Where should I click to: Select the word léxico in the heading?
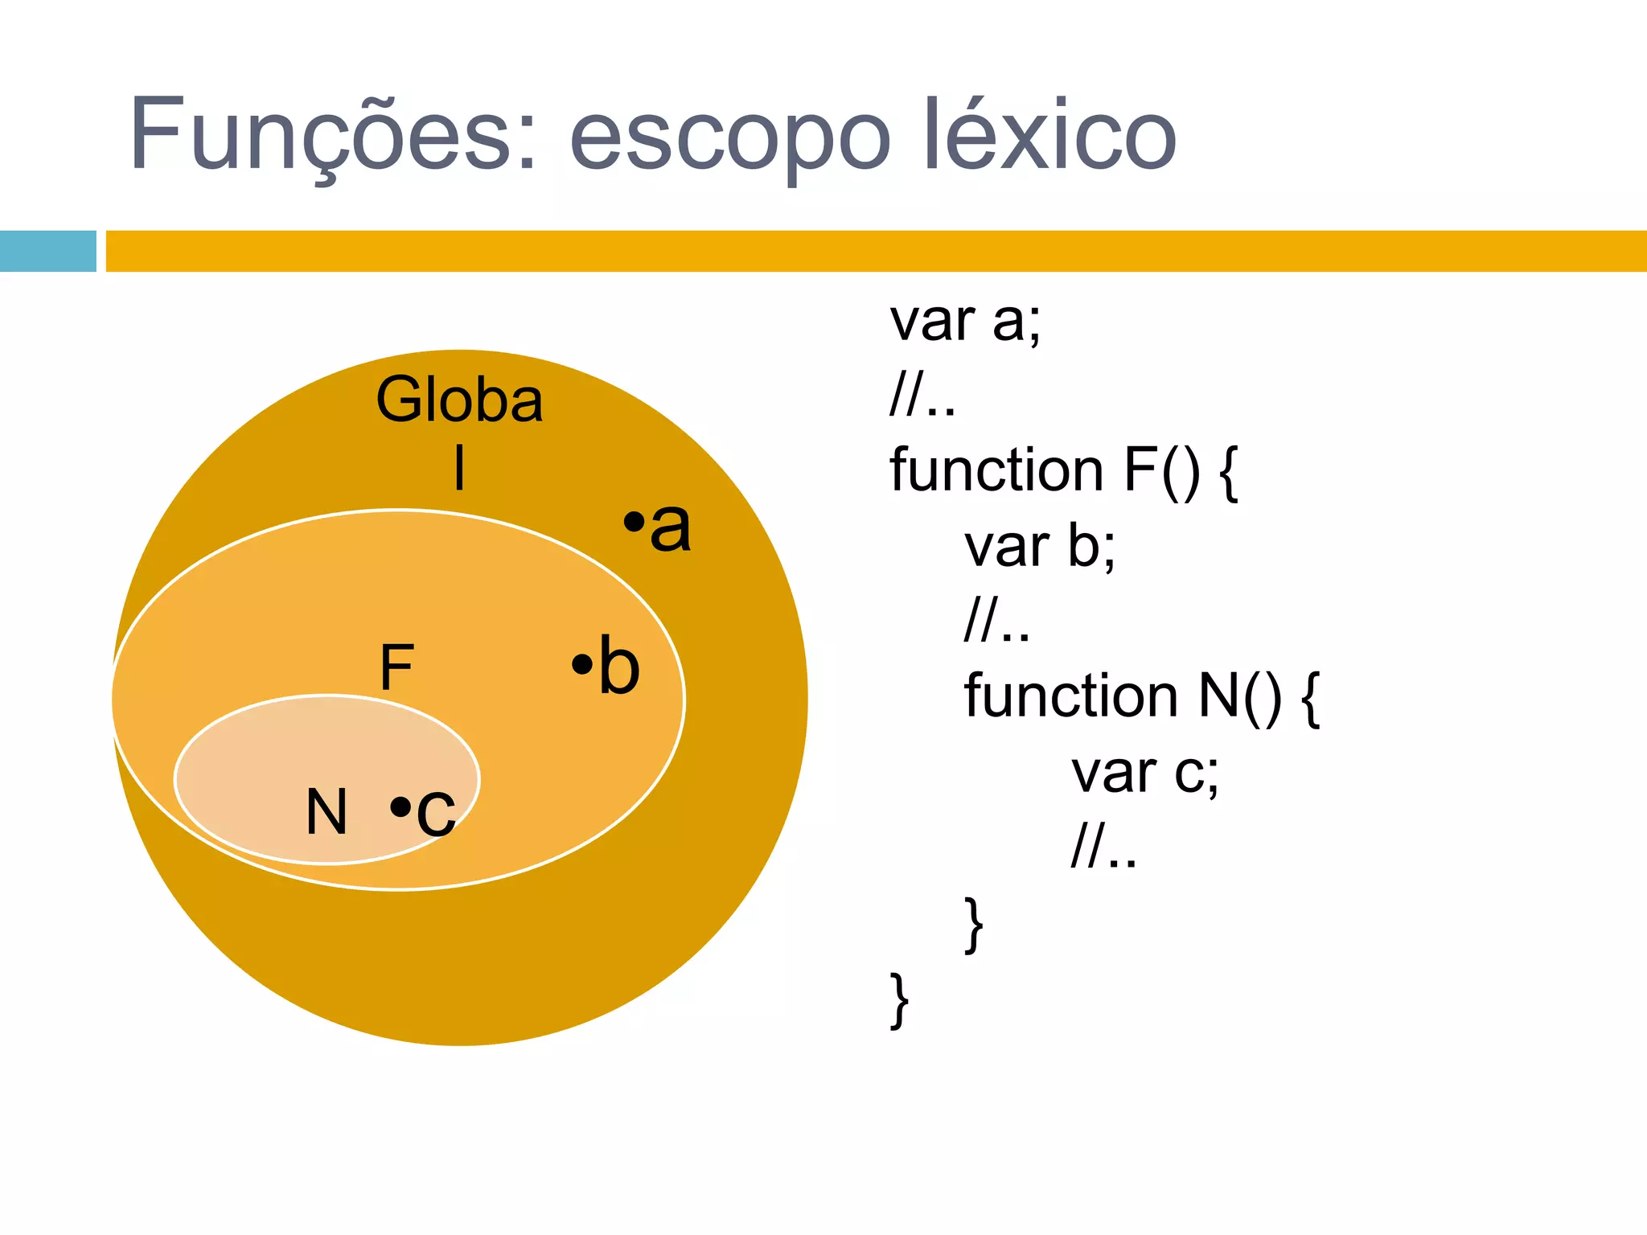click(1049, 135)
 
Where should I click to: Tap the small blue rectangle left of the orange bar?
click(47, 251)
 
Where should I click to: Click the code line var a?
click(964, 321)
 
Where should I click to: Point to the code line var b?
click(1039, 547)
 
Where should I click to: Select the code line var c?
click(1144, 772)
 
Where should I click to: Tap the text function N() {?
click(1141, 696)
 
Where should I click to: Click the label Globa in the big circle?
click(459, 400)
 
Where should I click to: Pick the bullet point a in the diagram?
click(658, 526)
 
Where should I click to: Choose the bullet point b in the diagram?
click(606, 667)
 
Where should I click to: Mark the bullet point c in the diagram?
click(424, 809)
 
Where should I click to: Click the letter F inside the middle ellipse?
click(396, 667)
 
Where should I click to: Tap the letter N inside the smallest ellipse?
click(327, 812)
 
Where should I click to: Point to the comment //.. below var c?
click(1103, 847)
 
